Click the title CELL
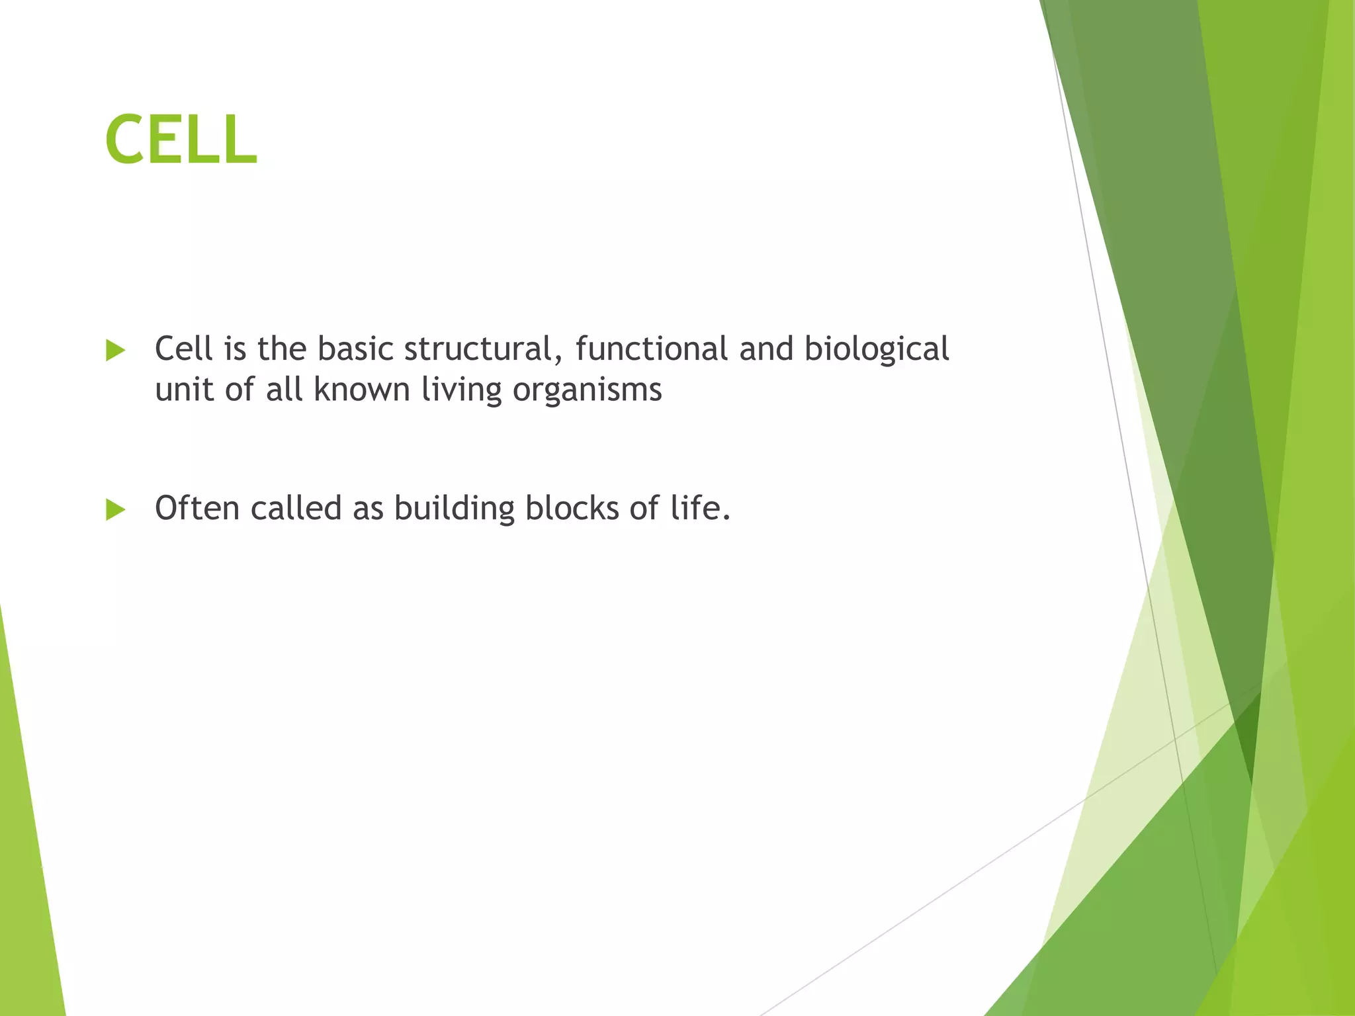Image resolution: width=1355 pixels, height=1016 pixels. [x=181, y=140]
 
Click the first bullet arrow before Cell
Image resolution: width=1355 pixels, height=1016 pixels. [x=115, y=351]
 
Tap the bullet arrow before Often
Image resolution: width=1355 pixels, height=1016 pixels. [x=115, y=510]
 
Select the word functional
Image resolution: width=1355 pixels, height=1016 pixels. [x=651, y=349]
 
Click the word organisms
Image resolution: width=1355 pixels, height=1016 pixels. [x=587, y=390]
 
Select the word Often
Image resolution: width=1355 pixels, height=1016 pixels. [x=197, y=508]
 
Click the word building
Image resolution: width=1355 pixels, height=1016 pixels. [x=454, y=509]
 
